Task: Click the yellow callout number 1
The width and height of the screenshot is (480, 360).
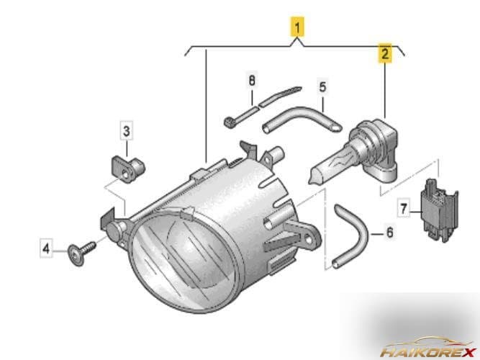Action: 297,27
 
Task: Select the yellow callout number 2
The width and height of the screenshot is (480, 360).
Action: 385,53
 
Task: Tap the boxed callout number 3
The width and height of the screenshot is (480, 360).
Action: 126,131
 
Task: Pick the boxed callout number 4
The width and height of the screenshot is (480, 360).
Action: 46,248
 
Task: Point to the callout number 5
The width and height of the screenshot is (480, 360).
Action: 322,87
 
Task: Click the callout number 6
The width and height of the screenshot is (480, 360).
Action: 389,233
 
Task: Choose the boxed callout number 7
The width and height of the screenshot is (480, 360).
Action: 404,208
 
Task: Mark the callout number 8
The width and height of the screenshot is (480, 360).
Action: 252,81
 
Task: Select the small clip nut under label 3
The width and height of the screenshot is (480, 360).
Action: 127,168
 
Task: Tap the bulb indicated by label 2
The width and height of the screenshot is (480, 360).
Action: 355,152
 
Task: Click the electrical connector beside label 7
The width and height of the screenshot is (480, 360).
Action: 439,210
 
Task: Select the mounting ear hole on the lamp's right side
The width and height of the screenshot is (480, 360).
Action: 309,240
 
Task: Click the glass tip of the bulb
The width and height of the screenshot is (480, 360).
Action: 312,180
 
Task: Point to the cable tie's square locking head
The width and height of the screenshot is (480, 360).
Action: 228,123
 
